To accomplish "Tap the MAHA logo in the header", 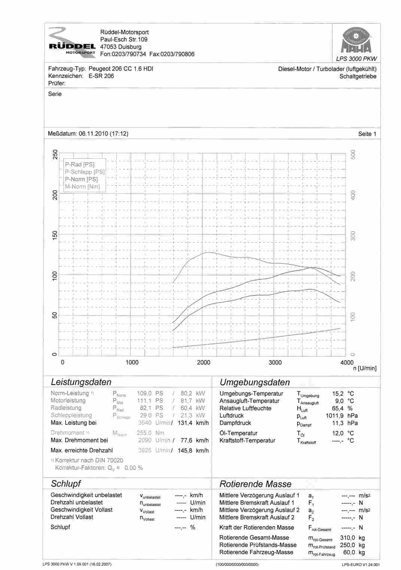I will point(356,40).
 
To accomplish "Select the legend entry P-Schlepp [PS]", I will point(85,172).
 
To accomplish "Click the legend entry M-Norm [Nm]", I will point(82,187).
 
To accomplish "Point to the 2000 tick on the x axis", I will point(203,363).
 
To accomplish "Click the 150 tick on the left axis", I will point(55,235).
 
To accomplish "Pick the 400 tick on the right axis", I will point(353,195).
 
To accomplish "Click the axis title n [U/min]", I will point(365,369).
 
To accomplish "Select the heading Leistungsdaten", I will point(81,382).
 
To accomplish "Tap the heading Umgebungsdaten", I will point(255,382).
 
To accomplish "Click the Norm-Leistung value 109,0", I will point(144,393).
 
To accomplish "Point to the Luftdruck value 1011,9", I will point(334,416).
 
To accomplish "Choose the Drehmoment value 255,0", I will point(144,433).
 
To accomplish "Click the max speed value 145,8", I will point(185,451).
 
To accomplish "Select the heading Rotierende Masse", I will point(255,484).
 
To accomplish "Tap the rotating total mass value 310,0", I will point(347,538).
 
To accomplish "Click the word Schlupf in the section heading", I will point(66,483).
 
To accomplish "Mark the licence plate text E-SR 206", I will point(101,76).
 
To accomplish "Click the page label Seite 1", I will point(367,134).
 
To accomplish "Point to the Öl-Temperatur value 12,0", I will point(337,433).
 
